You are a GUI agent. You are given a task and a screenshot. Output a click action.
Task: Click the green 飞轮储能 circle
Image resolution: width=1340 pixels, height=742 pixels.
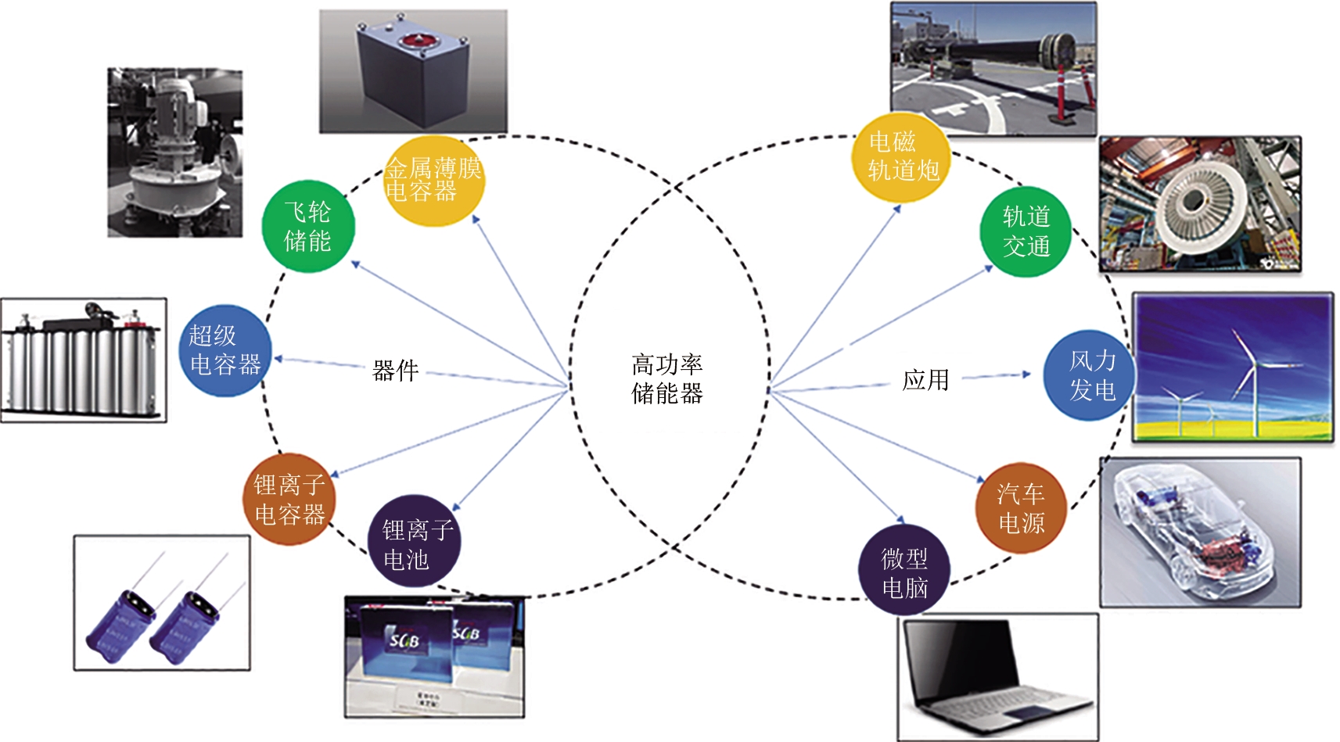(308, 227)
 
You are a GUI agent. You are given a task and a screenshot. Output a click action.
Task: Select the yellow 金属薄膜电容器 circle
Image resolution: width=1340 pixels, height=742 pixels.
(433, 181)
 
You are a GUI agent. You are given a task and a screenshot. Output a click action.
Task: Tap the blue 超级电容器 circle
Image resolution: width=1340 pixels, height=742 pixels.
(225, 350)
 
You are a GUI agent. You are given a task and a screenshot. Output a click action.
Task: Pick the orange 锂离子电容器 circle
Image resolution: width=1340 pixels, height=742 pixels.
(289, 499)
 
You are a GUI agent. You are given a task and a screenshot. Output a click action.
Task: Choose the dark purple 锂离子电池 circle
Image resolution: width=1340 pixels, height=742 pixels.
(414, 541)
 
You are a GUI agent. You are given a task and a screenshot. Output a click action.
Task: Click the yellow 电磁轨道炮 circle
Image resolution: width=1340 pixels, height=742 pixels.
(900, 156)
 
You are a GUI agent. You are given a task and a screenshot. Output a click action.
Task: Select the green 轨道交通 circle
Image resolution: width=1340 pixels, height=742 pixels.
(1026, 231)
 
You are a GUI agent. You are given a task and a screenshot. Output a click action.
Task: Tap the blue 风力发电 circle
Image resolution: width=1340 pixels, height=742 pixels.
(1090, 375)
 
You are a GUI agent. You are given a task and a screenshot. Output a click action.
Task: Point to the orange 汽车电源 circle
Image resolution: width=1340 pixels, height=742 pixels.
(1021, 508)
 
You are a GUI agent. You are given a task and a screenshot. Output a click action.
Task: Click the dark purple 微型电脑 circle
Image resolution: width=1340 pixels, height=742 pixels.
(904, 571)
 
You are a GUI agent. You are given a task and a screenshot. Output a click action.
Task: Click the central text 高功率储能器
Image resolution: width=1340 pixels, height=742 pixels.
(667, 378)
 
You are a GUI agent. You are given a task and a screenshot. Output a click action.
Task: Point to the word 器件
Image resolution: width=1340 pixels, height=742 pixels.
(395, 371)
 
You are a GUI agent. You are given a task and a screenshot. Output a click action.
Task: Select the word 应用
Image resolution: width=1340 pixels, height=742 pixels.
(925, 380)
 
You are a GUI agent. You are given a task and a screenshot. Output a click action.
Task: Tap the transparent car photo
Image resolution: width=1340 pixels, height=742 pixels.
(1200, 532)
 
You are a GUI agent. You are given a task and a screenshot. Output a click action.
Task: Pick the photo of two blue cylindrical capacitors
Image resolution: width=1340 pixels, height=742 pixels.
(162, 603)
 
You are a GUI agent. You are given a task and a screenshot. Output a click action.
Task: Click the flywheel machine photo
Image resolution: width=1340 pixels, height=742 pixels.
(174, 152)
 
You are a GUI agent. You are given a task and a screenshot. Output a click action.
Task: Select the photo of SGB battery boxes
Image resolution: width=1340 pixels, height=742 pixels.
(434, 657)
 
